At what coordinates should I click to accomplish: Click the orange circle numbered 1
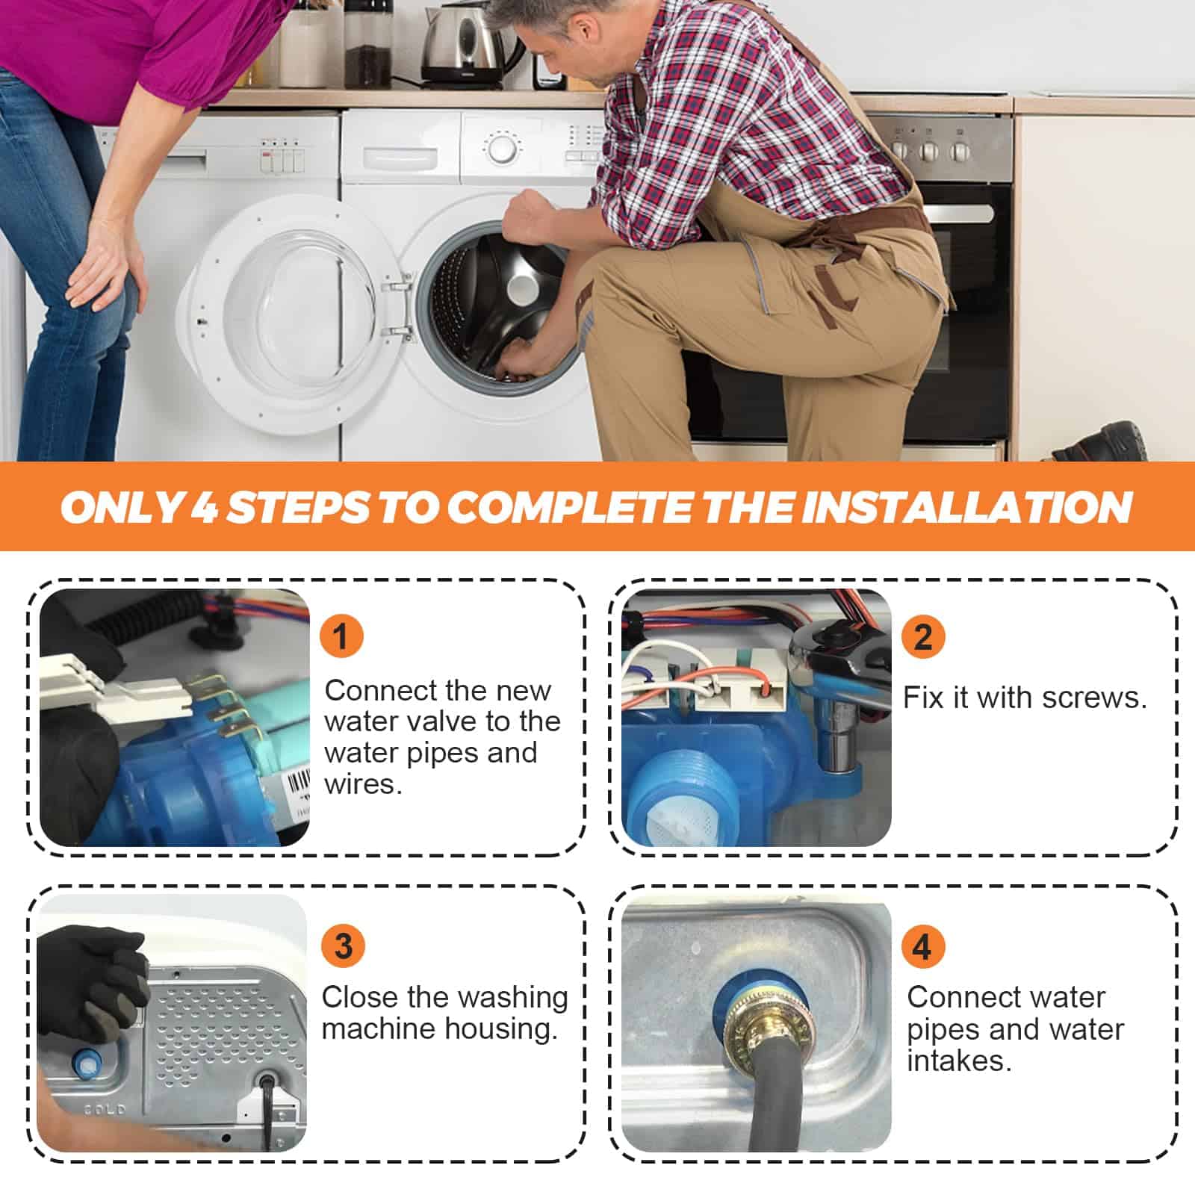pyautogui.click(x=341, y=636)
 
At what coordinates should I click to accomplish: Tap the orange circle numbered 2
pyautogui.click(x=923, y=636)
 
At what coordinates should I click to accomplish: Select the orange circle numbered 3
pyautogui.click(x=343, y=946)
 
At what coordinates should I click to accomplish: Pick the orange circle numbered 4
pyautogui.click(x=923, y=946)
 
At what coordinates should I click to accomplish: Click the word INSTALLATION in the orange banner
pyautogui.click(x=966, y=507)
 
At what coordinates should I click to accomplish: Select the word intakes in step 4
pyautogui.click(x=959, y=1061)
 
